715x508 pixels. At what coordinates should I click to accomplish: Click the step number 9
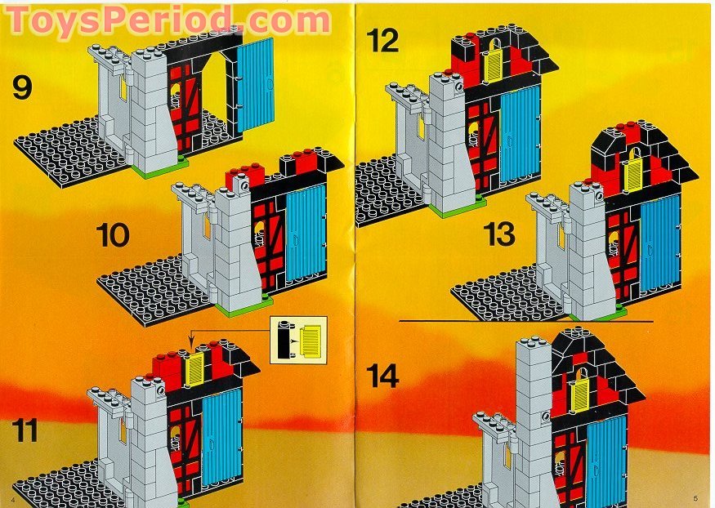[22, 87]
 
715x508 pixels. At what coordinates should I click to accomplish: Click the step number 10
[112, 236]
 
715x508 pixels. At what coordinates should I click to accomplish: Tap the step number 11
[25, 430]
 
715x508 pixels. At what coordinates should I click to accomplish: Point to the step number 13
[498, 234]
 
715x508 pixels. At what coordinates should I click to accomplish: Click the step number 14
[382, 378]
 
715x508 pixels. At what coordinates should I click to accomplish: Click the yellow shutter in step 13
[632, 174]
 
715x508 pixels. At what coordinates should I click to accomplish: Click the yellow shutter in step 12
[494, 64]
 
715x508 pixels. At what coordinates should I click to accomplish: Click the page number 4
[13, 497]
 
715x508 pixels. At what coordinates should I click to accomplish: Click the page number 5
[695, 497]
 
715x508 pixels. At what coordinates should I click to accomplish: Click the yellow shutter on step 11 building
[195, 369]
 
